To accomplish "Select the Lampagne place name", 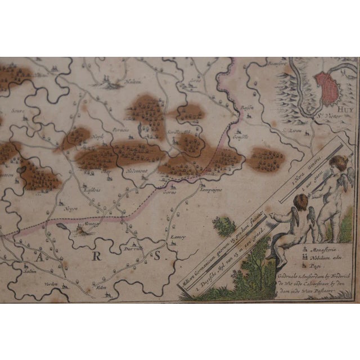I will tap(211, 190).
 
